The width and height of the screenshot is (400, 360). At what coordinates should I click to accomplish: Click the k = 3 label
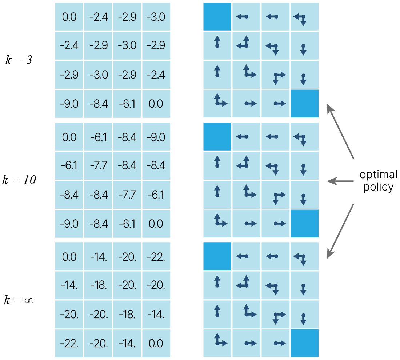(19, 60)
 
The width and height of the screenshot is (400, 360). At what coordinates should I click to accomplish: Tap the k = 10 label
(19, 180)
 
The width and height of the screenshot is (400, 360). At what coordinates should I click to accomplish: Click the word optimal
(378, 175)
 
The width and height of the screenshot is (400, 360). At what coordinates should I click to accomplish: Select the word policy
(378, 187)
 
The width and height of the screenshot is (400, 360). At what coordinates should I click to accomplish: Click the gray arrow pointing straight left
(340, 181)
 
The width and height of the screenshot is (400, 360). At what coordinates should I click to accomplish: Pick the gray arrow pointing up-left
(340, 131)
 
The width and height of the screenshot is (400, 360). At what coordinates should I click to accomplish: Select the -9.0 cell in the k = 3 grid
(69, 104)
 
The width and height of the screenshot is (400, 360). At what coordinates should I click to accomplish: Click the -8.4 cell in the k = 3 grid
(98, 104)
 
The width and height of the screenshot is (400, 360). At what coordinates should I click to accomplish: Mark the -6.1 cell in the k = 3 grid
(127, 104)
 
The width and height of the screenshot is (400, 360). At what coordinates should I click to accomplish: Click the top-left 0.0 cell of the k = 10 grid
(69, 137)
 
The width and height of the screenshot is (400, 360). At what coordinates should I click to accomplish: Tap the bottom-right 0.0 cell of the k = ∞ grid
(156, 344)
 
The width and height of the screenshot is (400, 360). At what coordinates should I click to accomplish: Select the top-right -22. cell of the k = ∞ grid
(156, 257)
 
